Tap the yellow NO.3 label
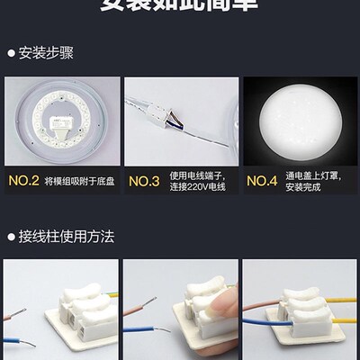(144, 179)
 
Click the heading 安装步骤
(44, 52)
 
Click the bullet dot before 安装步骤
(11, 52)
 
